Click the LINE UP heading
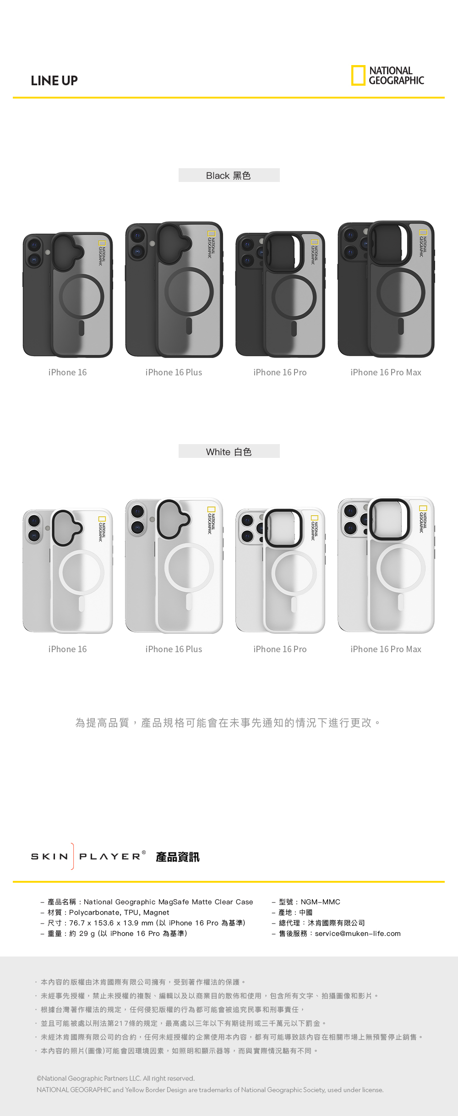click(x=54, y=81)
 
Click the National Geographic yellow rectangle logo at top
click(x=358, y=76)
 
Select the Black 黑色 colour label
click(x=229, y=176)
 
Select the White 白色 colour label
click(x=229, y=452)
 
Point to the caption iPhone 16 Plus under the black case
click(x=174, y=373)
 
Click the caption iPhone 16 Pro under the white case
click(x=280, y=649)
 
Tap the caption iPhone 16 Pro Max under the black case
click(x=386, y=373)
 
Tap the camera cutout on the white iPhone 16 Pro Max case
click(x=389, y=519)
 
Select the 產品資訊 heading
click(x=178, y=857)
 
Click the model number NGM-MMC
click(x=320, y=902)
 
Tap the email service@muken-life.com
click(x=358, y=934)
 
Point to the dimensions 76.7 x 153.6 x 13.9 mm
click(x=111, y=923)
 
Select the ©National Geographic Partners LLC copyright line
click(x=116, y=1078)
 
